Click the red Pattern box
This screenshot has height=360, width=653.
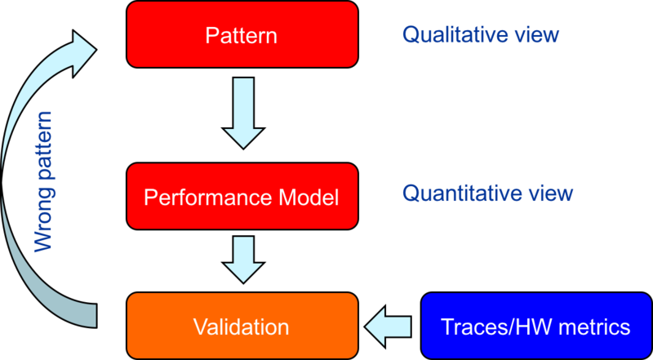click(242, 35)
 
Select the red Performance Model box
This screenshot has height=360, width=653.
click(242, 197)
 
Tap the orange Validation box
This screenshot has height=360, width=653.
click(242, 327)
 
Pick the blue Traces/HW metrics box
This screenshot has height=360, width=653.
click(535, 327)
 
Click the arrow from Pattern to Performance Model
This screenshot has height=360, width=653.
click(242, 113)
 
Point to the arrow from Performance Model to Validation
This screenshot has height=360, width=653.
click(242, 260)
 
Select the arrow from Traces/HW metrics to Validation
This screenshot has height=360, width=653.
click(389, 327)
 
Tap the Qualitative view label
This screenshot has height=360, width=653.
click(480, 34)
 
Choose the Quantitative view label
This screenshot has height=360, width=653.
click(487, 193)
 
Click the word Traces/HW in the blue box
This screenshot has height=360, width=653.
click(492, 327)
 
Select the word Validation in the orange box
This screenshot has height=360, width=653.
click(242, 327)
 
